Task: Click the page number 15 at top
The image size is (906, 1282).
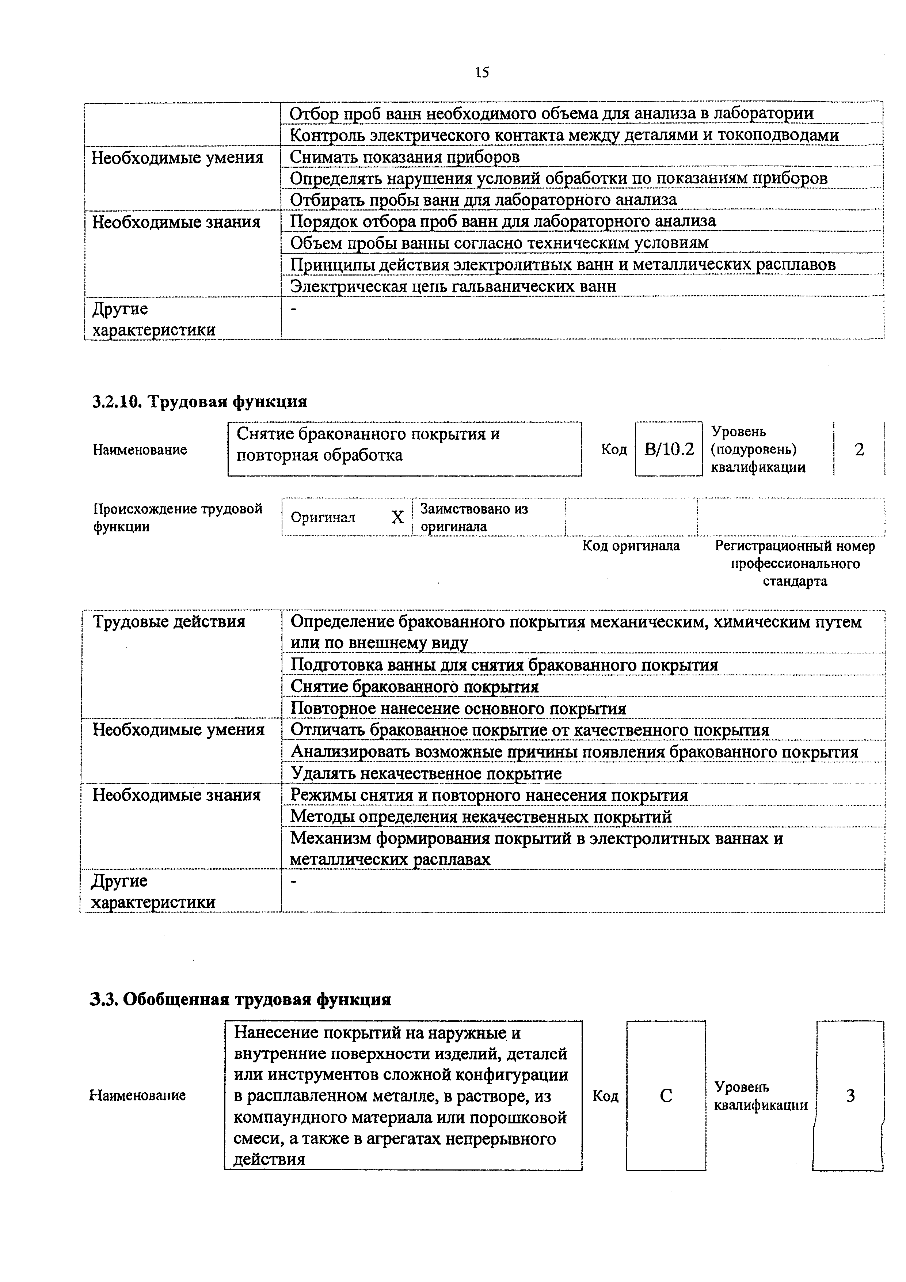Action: pyautogui.click(x=482, y=72)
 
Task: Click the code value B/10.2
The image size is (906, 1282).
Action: pyautogui.click(x=669, y=450)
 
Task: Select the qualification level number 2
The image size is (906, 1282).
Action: pyautogui.click(x=859, y=450)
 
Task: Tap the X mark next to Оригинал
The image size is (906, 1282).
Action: pyautogui.click(x=397, y=517)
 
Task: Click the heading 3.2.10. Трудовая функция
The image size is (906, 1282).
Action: pyautogui.click(x=200, y=402)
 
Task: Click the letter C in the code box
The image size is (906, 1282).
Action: pyautogui.click(x=666, y=1096)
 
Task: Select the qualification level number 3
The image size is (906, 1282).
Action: pyautogui.click(x=850, y=1096)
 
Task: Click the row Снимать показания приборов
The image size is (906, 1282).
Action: pyautogui.click(x=405, y=157)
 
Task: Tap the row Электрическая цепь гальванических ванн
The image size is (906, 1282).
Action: pyautogui.click(x=453, y=286)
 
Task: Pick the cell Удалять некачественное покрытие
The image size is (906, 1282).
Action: pyautogui.click(x=426, y=773)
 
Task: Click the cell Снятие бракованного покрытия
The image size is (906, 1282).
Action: pyautogui.click(x=415, y=686)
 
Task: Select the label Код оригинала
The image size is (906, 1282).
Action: pyautogui.click(x=631, y=546)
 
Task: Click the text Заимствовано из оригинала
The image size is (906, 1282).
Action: pyautogui.click(x=473, y=517)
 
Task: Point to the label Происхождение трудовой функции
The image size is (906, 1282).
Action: pyautogui.click(x=178, y=517)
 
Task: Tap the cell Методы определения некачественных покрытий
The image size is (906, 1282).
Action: pyautogui.click(x=481, y=817)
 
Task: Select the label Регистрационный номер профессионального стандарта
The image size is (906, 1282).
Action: pyautogui.click(x=795, y=564)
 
